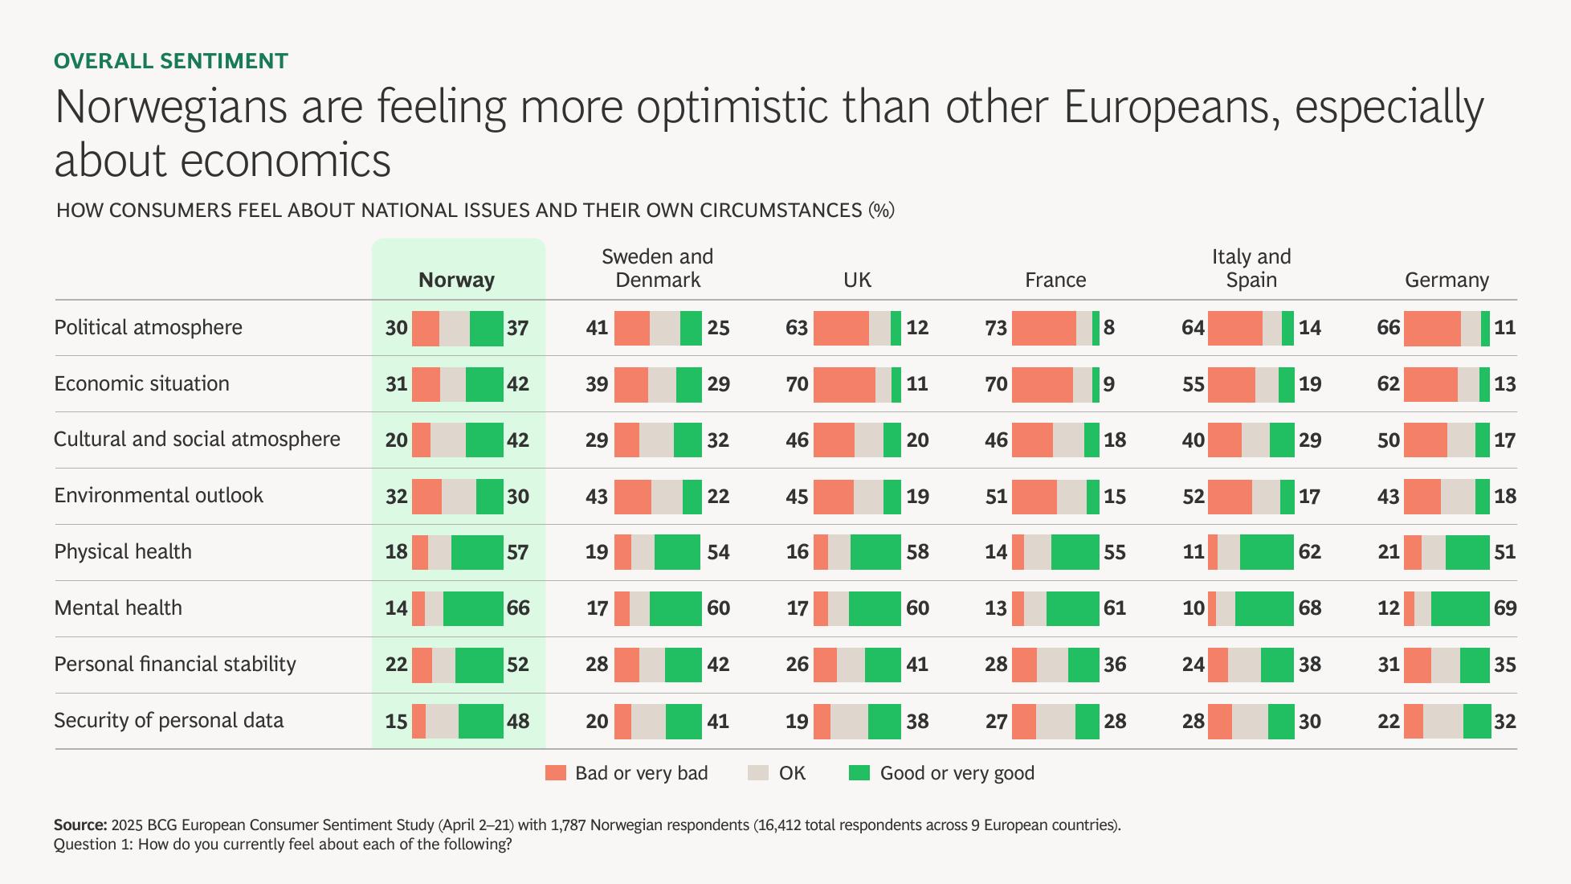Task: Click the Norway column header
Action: [456, 280]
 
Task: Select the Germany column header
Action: [1447, 280]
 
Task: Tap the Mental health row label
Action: [118, 608]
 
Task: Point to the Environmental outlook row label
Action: [158, 495]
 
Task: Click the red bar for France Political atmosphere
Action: [1043, 328]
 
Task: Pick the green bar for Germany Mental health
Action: [1459, 608]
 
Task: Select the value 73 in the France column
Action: [996, 328]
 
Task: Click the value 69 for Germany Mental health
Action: [1504, 608]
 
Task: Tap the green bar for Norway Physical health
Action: [477, 552]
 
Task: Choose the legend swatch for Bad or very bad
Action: [555, 773]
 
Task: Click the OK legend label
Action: [792, 773]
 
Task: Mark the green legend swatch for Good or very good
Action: [859, 773]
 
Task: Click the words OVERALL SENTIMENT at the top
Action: [171, 61]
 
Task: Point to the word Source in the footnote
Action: [80, 825]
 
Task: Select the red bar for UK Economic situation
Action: [843, 384]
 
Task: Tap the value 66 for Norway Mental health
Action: [518, 608]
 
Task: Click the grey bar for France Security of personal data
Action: [1055, 721]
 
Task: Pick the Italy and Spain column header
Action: [1251, 268]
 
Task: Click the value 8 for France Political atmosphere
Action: [1108, 328]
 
